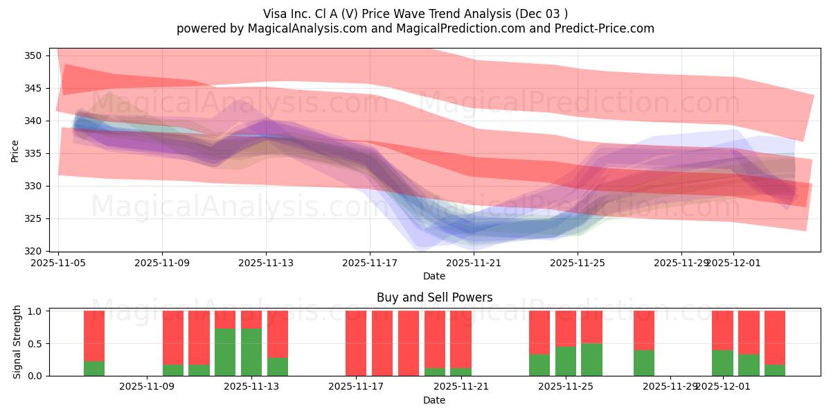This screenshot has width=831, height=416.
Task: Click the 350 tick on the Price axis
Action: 37,55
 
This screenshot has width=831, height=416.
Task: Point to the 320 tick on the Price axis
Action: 37,251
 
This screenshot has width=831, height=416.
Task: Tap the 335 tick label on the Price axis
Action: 37,153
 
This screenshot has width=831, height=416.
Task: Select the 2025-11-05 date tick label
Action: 59,263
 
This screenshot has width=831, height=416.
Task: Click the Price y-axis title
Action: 15,150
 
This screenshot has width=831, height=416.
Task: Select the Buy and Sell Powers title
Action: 434,297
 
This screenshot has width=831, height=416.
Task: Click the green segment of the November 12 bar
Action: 225,352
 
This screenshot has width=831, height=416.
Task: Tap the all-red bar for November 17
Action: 356,343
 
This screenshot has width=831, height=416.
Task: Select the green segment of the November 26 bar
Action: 591,359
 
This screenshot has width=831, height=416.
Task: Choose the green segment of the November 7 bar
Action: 94,368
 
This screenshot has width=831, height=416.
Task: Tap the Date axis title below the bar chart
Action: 434,400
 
